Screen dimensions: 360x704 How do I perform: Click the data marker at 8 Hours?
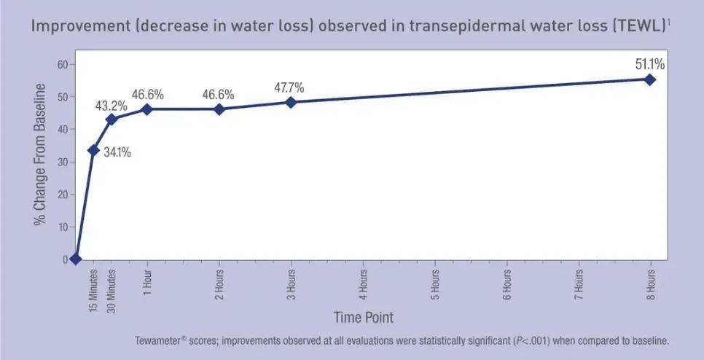click(x=650, y=79)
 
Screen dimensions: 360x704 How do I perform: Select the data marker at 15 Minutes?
click(x=93, y=150)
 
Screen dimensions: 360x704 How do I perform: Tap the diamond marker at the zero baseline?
click(x=75, y=259)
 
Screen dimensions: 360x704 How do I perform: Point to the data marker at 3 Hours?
click(x=291, y=102)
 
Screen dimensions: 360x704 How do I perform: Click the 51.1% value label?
click(x=650, y=64)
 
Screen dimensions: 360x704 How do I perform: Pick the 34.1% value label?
click(x=117, y=153)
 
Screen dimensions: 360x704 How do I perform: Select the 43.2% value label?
click(x=112, y=106)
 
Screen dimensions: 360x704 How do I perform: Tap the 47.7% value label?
click(x=289, y=88)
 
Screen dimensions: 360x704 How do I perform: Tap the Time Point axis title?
click(x=364, y=317)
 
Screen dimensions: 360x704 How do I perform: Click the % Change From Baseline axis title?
click(x=41, y=154)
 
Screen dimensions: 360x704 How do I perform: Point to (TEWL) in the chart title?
click(x=641, y=27)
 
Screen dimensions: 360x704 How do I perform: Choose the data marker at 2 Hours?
click(x=219, y=109)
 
